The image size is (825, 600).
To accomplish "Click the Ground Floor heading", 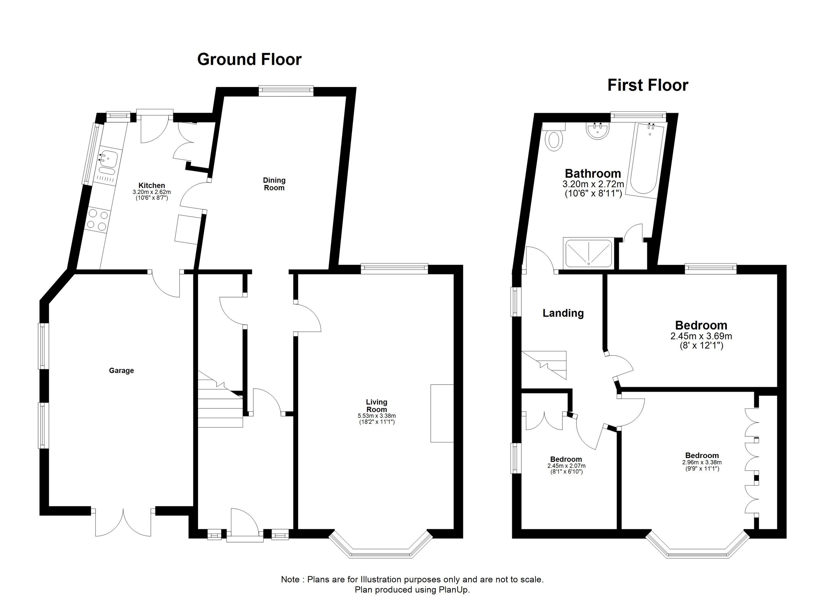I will (249, 59).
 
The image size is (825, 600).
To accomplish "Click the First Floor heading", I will (648, 85).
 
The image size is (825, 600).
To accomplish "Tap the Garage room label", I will (121, 370).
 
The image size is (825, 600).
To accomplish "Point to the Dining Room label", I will (274, 184).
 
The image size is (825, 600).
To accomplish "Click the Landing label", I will (563, 313).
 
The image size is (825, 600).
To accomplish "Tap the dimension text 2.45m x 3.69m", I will (701, 336).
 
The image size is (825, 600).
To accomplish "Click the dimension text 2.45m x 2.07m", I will (566, 466).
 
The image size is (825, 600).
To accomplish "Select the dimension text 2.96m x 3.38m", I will (702, 462).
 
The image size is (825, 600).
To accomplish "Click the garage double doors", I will (123, 521).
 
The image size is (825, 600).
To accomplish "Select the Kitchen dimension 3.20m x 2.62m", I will (151, 192).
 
